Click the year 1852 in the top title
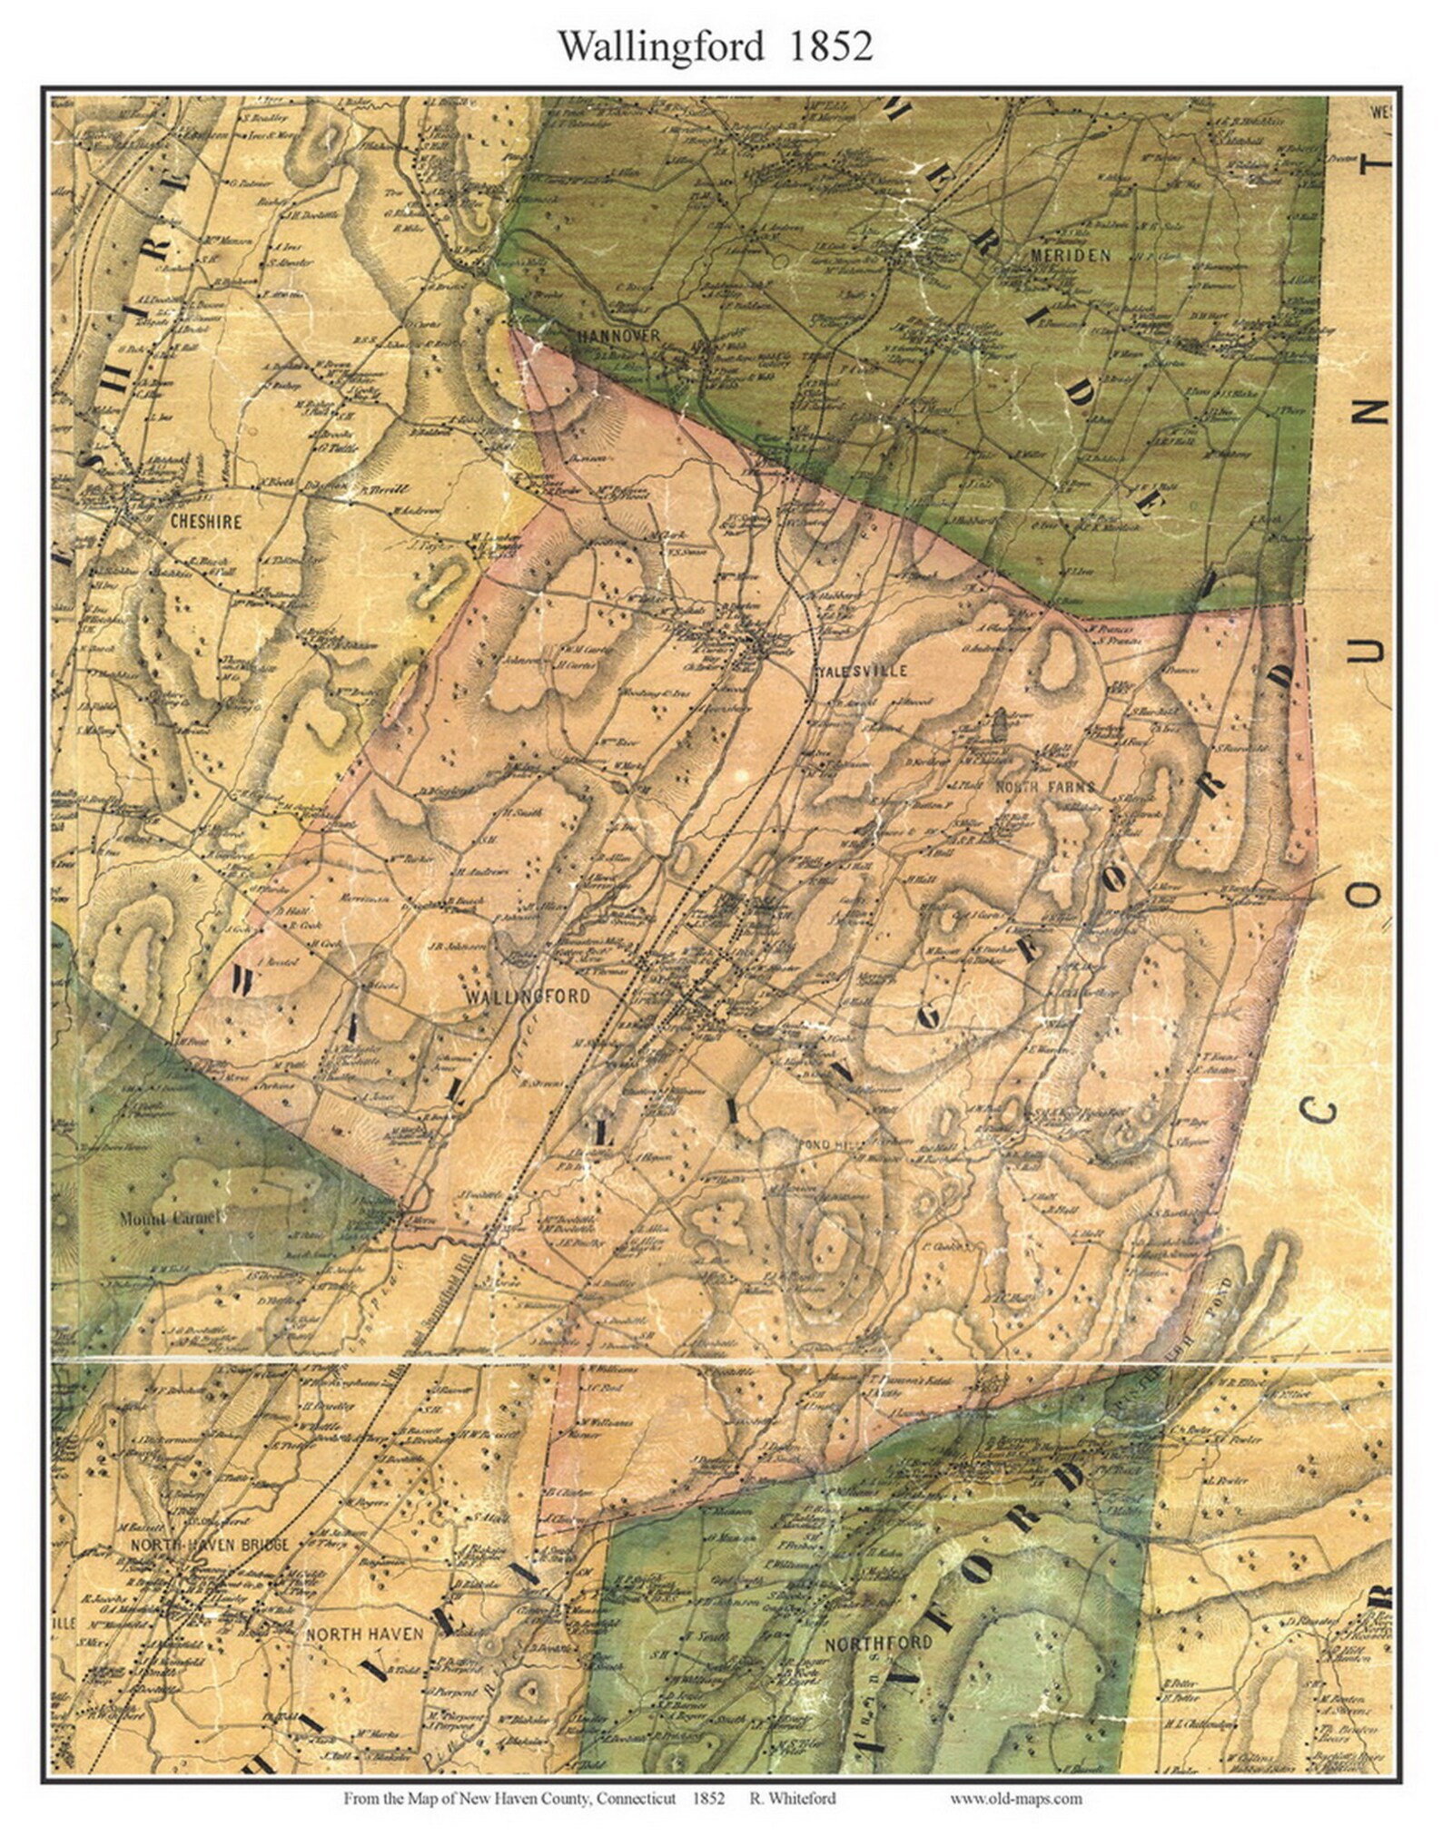click(830, 46)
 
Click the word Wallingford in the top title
click(660, 46)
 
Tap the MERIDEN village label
click(1070, 256)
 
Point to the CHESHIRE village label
click(205, 522)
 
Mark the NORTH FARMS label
click(1046, 786)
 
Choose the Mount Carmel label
click(170, 1218)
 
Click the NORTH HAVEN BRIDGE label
click(210, 1544)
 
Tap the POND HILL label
click(826, 1146)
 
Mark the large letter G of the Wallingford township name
click(927, 1018)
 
